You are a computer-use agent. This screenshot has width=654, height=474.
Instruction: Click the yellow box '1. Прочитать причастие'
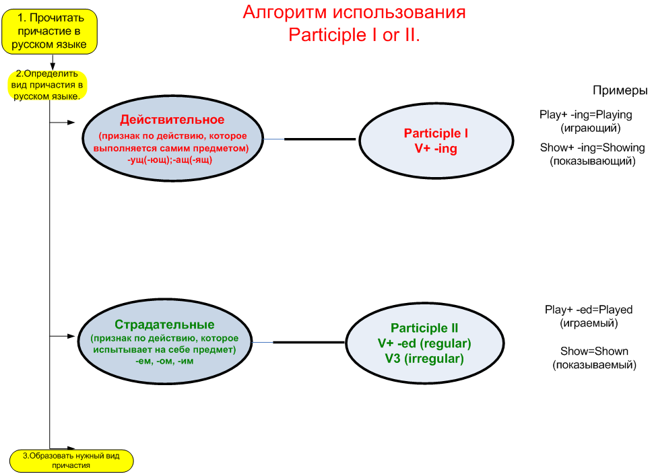(50, 32)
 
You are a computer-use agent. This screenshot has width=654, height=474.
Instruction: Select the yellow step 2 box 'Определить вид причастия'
(47, 85)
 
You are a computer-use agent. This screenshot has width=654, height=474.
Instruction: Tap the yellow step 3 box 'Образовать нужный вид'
(71, 461)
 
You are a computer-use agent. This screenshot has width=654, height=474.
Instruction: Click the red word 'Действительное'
(172, 120)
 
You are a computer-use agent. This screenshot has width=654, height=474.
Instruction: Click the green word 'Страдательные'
(165, 325)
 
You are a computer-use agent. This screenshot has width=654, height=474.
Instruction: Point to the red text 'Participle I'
(436, 133)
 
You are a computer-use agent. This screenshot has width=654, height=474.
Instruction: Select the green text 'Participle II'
(424, 328)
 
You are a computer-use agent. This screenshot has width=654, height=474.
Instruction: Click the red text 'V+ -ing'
(436, 148)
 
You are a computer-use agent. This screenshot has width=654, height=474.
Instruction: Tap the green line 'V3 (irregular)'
(424, 358)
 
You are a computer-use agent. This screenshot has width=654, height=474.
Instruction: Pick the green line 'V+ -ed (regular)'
(424, 343)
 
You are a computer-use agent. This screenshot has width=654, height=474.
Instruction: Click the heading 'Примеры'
(620, 90)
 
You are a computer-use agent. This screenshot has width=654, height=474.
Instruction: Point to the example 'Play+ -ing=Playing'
(585, 114)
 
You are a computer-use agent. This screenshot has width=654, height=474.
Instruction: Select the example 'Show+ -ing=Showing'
(592, 147)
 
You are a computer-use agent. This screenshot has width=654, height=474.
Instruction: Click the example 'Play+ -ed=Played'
(589, 310)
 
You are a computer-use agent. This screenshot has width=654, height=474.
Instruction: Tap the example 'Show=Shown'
(594, 351)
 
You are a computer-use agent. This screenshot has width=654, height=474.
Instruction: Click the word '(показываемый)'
(594, 365)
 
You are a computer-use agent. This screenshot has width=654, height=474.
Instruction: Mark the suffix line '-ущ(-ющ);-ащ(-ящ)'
(170, 160)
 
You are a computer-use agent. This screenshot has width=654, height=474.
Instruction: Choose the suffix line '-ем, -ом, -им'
(164, 361)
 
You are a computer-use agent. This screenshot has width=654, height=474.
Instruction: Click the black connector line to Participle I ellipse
(320, 139)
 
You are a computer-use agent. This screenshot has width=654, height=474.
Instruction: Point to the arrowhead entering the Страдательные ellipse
(71, 336)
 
